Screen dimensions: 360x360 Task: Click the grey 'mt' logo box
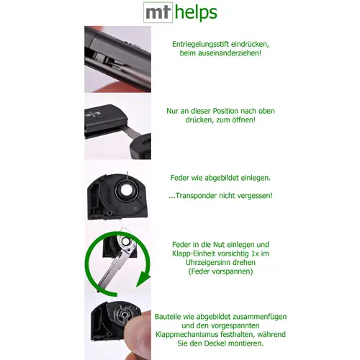pyautogui.click(x=158, y=12)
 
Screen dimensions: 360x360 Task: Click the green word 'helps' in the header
pyautogui.click(x=196, y=12)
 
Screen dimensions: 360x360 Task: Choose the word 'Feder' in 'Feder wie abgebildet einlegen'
pyautogui.click(x=180, y=178)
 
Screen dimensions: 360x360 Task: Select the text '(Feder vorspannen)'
pyautogui.click(x=220, y=271)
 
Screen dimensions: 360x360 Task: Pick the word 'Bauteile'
pyautogui.click(x=168, y=317)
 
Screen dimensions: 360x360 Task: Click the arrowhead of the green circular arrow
pyautogui.click(x=143, y=279)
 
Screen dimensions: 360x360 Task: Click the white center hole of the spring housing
pyautogui.click(x=127, y=189)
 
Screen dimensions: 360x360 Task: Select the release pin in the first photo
pyautogui.click(x=99, y=57)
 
